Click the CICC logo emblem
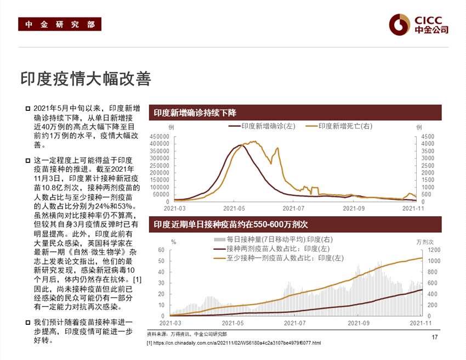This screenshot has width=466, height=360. click(400, 24)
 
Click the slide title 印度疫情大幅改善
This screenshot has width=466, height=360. click(85, 78)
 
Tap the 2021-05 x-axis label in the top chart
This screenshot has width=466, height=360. click(234, 209)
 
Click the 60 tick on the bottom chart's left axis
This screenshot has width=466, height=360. click(161, 250)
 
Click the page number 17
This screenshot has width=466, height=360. click(435, 337)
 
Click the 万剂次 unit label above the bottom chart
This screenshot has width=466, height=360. click(424, 241)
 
